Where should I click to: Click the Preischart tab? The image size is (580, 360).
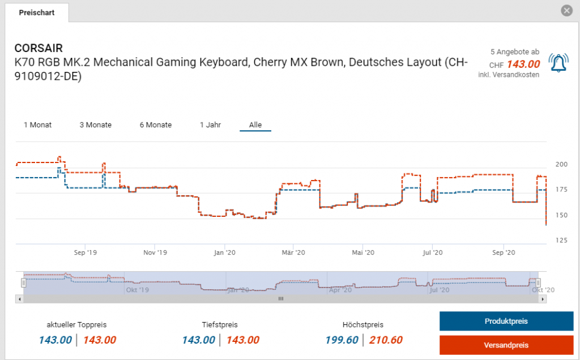coord(36,12)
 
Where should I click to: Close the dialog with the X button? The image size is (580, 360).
coord(566,11)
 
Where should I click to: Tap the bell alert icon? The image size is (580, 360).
coord(560,63)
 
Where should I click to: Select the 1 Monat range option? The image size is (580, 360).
coord(37,125)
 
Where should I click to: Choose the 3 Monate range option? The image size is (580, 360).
coord(95,125)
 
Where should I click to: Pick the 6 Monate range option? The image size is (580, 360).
coord(156,125)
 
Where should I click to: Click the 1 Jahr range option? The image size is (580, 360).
coord(210,125)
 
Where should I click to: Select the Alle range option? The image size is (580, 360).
coord(255,125)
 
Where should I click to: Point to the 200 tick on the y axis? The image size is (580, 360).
coord(561,165)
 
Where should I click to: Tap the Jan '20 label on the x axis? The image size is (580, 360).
coord(225,252)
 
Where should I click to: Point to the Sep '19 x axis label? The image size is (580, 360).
coord(86,252)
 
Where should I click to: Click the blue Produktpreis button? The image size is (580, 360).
coord(506,321)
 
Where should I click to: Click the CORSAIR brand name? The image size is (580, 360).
coord(39,48)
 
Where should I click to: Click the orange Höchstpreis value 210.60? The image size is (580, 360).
coord(386,340)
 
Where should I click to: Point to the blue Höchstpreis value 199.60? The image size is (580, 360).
coord(342,340)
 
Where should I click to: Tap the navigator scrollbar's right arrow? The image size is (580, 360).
coord(543,298)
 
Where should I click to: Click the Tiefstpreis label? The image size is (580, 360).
coord(220,325)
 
